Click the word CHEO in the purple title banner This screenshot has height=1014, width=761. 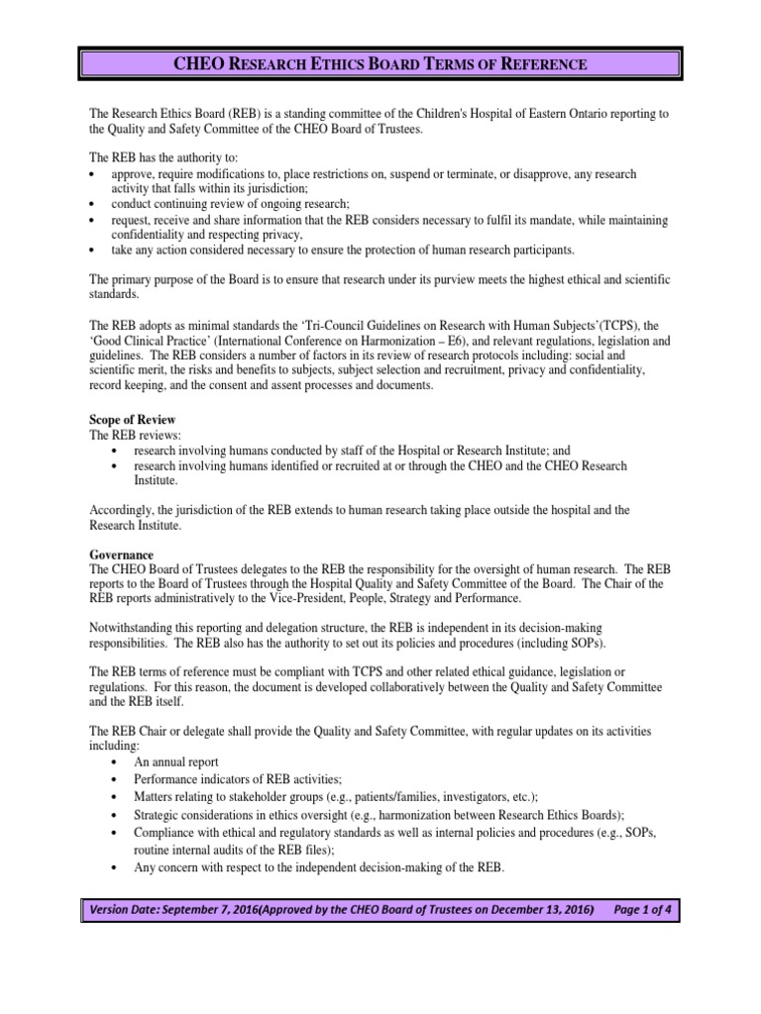click(200, 65)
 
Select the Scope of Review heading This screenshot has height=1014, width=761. click(134, 420)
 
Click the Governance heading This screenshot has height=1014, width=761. click(122, 555)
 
